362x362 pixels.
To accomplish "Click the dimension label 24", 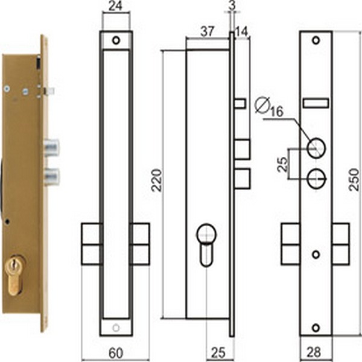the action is (x=116, y=6).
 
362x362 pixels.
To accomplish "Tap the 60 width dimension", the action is (x=116, y=352).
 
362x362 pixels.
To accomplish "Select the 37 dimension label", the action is (x=208, y=31).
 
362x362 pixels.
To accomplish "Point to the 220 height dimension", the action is (x=157, y=180).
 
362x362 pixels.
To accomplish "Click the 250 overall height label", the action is (x=354, y=180).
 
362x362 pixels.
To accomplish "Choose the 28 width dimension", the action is (x=314, y=352).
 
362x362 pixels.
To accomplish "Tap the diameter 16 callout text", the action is (x=269, y=107).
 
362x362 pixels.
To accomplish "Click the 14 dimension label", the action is (x=241, y=31).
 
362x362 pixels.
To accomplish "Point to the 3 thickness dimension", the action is (x=232, y=5).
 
